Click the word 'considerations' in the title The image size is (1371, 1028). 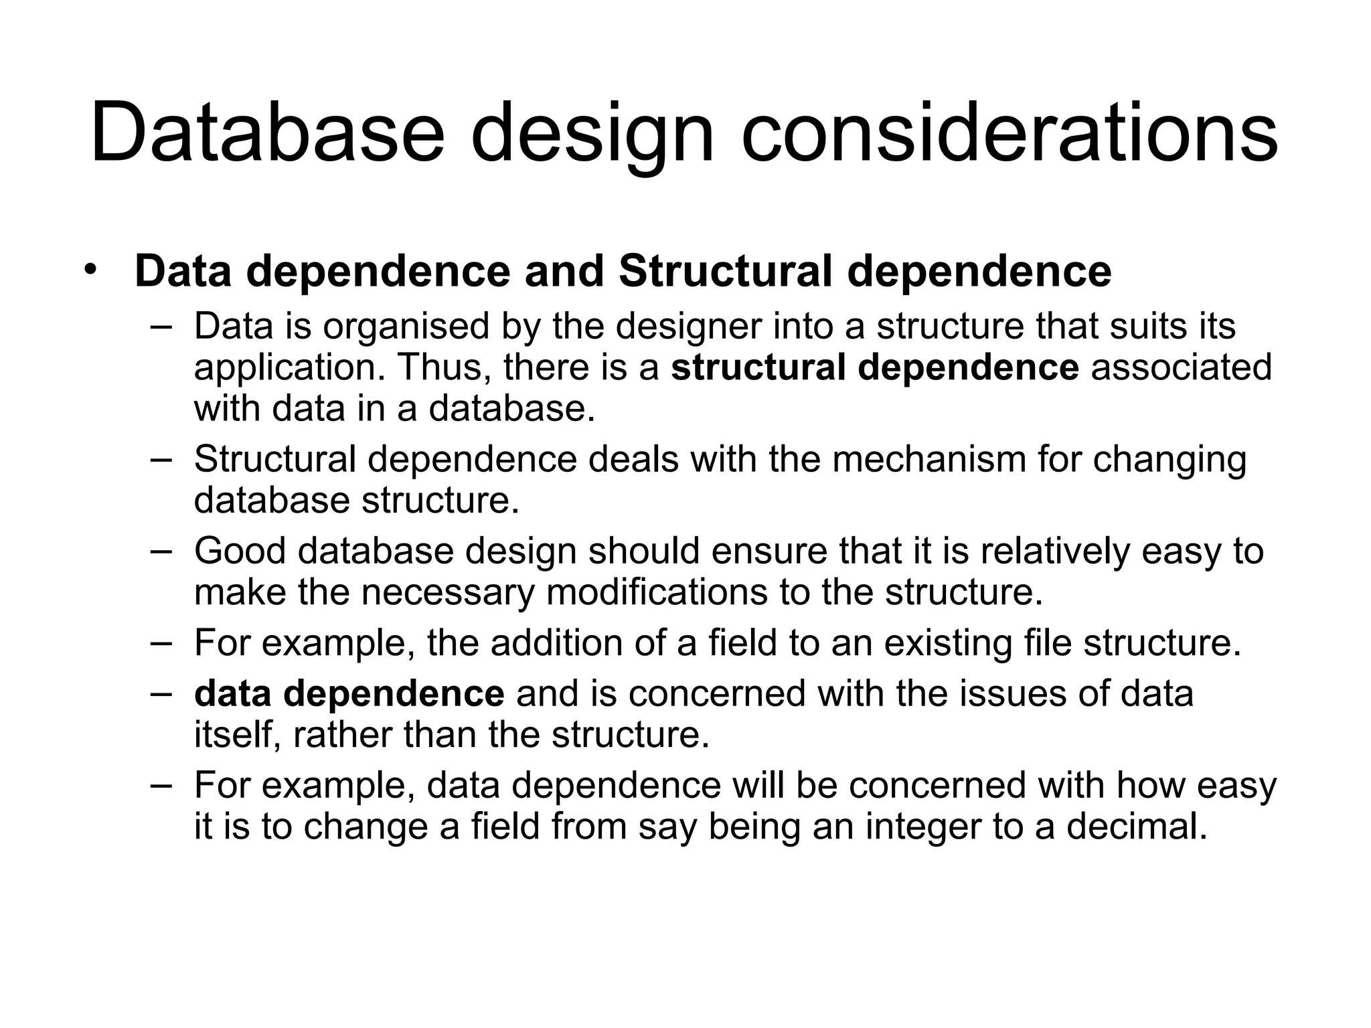pyautogui.click(x=1009, y=132)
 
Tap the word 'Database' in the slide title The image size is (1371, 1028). pyautogui.click(x=267, y=132)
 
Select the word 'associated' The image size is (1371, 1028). pyautogui.click(x=1182, y=367)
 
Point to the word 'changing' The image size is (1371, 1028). pyautogui.click(x=1170, y=460)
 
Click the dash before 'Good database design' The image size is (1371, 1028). pyautogui.click(x=161, y=549)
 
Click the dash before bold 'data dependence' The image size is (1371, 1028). pyautogui.click(x=161, y=692)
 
